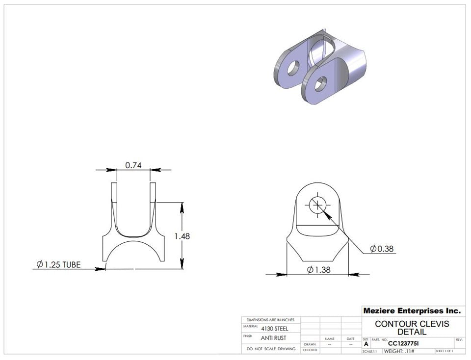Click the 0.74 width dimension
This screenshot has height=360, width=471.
133,165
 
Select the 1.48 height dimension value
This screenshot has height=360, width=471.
182,236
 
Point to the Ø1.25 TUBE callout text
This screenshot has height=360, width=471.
58,265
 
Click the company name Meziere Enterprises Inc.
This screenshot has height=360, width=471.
412,310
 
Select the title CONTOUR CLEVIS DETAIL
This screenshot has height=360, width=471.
412,328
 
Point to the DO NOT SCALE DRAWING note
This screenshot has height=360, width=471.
271,349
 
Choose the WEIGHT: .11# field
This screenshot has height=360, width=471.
399,351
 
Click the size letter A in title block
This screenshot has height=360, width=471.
366,344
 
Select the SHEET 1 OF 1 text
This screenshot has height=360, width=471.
444,351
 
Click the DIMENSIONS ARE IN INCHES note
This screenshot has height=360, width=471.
270,320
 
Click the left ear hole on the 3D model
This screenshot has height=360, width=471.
293,68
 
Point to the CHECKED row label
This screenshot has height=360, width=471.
310,350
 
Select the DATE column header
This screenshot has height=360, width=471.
350,339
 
